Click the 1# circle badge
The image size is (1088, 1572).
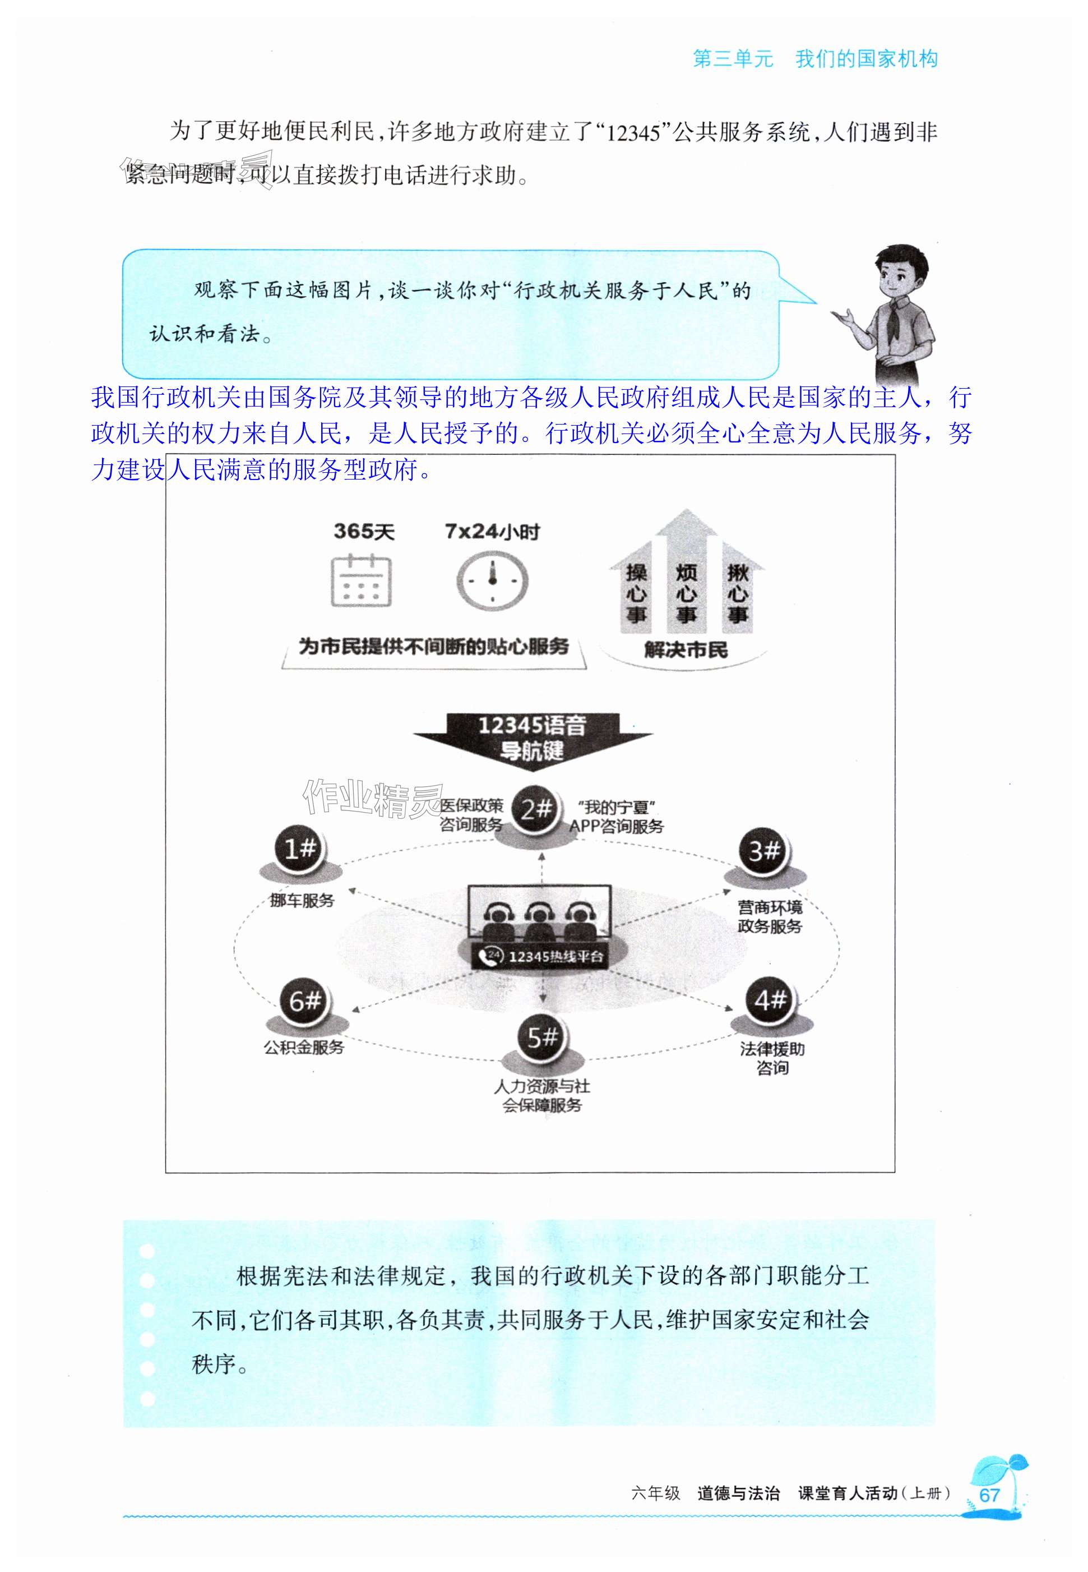300,849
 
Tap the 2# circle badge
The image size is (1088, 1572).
535,809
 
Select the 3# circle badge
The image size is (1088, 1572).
764,852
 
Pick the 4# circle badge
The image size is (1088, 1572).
770,1001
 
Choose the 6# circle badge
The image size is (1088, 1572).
305,1001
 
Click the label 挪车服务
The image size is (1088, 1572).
302,901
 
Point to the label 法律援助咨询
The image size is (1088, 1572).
772,1058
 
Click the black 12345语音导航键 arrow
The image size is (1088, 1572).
533,739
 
